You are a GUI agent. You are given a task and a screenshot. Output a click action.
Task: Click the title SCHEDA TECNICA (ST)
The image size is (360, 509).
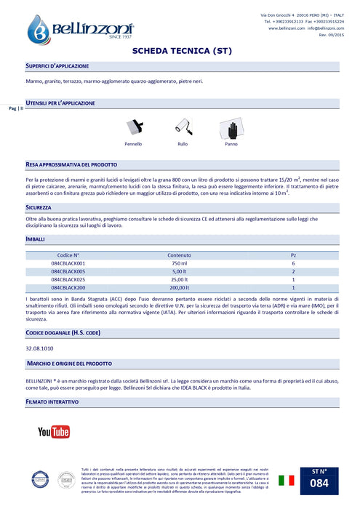pyautogui.click(x=180, y=52)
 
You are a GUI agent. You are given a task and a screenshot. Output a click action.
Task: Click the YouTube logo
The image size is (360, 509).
pyautogui.click(x=54, y=432)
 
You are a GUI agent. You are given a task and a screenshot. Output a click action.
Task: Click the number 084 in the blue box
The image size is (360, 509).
pyautogui.click(x=323, y=483)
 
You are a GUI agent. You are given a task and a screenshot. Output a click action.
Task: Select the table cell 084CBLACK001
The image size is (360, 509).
pyautogui.click(x=71, y=262)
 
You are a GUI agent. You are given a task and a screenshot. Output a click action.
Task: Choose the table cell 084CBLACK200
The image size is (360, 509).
pyautogui.click(x=71, y=286)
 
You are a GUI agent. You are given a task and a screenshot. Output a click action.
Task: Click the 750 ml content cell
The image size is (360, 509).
pyautogui.click(x=179, y=262)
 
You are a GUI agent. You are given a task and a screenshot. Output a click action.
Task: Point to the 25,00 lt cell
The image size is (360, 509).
pyautogui.click(x=179, y=278)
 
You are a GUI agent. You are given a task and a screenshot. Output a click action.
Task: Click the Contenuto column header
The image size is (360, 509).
pyautogui.click(x=179, y=254)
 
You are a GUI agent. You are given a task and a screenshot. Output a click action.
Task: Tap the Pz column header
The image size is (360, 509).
pyautogui.click(x=293, y=254)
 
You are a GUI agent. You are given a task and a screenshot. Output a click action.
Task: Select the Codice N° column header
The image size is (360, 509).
pyautogui.click(x=71, y=254)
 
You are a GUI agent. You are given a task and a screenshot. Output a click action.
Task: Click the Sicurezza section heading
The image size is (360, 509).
pyautogui.click(x=38, y=207)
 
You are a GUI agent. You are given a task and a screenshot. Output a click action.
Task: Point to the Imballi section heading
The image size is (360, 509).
pyautogui.click(x=36, y=239)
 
